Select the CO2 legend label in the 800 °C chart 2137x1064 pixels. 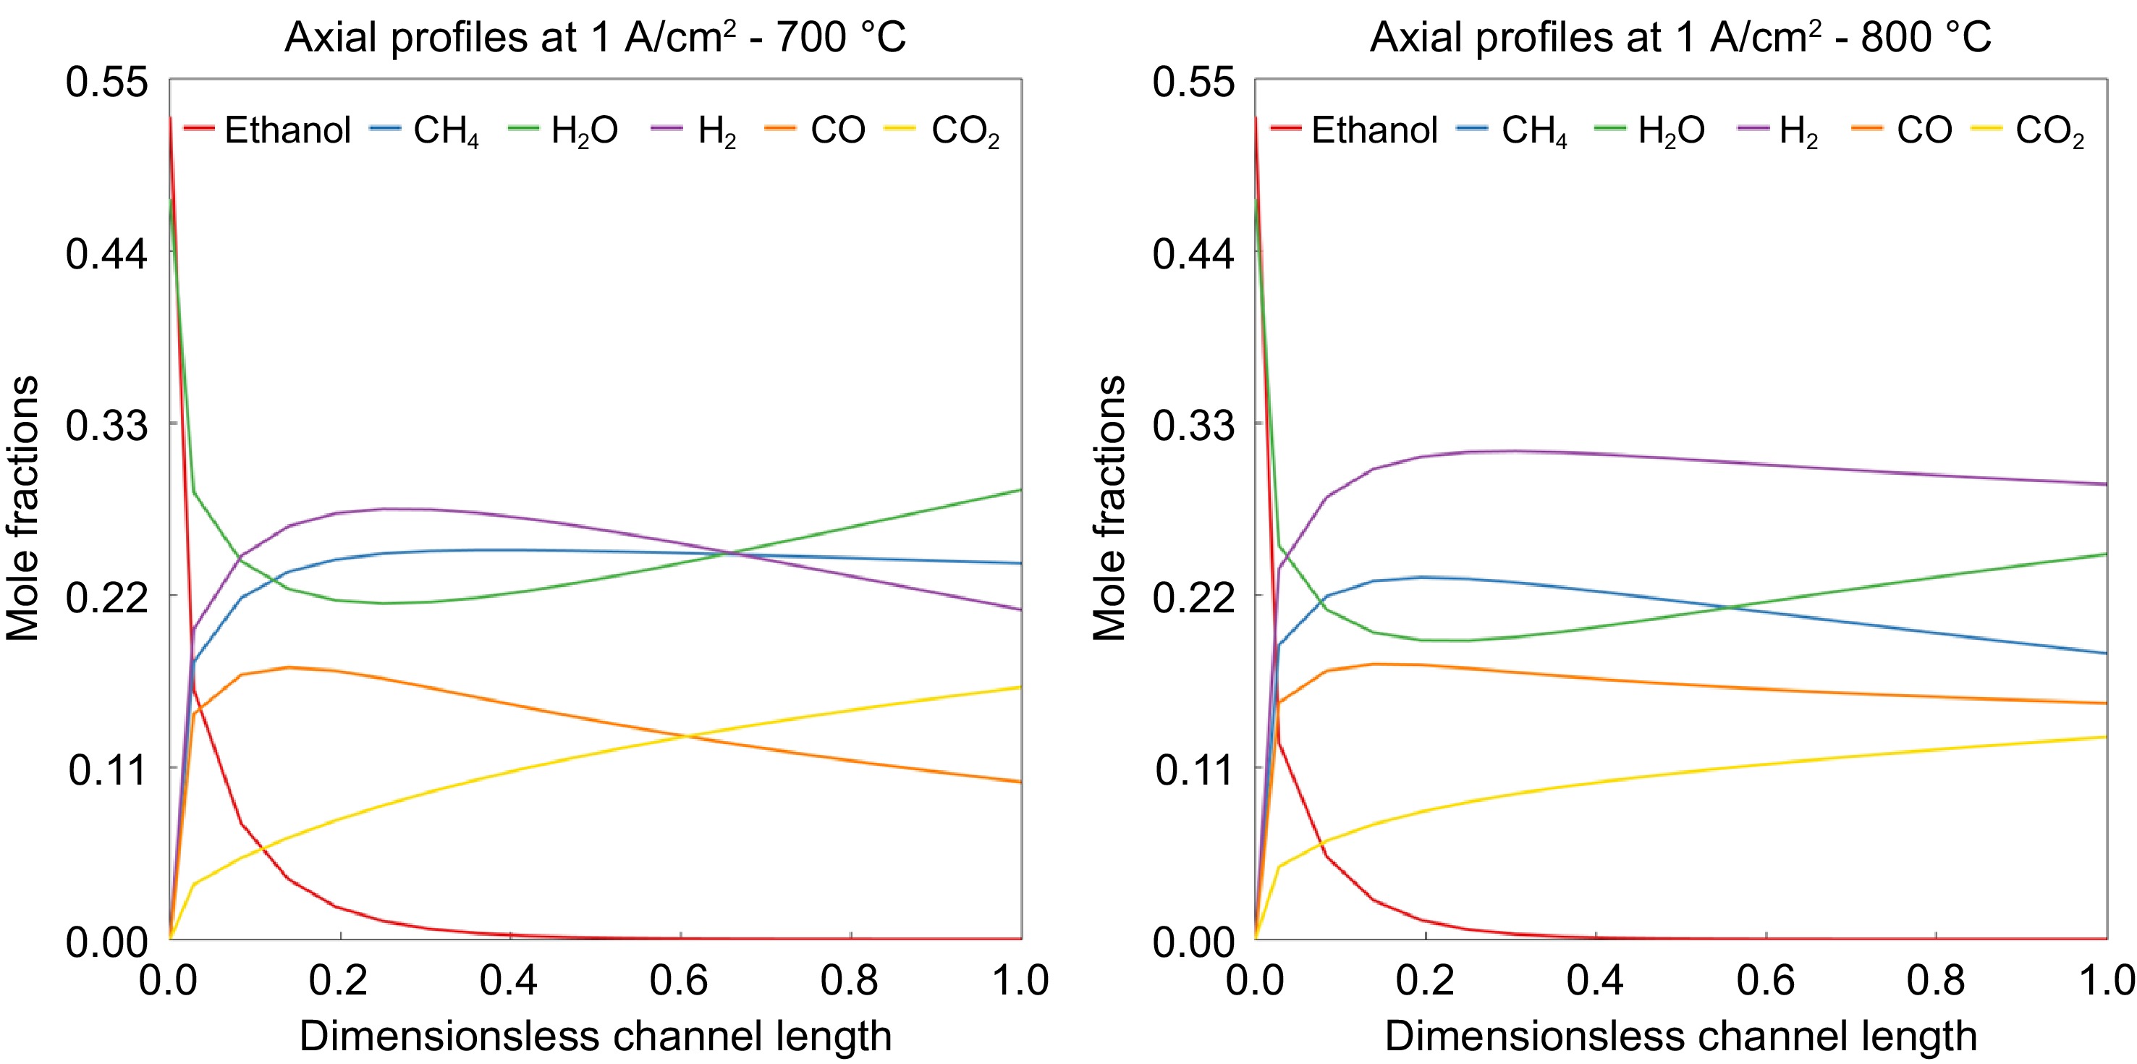(x=2049, y=131)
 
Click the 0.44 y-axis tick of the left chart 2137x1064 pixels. (x=107, y=253)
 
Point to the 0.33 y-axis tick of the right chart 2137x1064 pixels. (x=1193, y=426)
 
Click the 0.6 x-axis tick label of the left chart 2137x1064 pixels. (x=679, y=981)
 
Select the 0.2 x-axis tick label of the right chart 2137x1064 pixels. (x=1424, y=981)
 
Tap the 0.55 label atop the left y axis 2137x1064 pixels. (x=107, y=83)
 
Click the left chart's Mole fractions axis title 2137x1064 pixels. (x=23, y=509)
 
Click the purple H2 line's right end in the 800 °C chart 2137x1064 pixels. (x=2105, y=484)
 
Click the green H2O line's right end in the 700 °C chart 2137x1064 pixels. (x=1020, y=490)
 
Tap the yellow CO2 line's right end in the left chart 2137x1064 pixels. (x=1020, y=687)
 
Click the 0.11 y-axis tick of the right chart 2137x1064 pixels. (x=1193, y=770)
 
